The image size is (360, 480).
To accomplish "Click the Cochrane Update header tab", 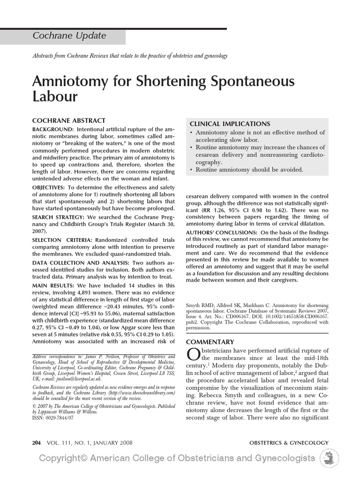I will tap(69, 36).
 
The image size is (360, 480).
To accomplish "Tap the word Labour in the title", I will tap(54, 97).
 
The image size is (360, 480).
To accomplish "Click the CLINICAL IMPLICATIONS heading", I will tap(230, 124).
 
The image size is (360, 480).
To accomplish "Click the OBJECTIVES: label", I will tap(50, 187).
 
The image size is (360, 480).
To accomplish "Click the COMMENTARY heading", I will tap(210, 342).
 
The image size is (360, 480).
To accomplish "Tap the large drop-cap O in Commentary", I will tap(193, 355).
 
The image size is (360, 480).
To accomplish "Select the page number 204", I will tap(37, 442).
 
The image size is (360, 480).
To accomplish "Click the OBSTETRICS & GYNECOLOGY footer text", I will tap(289, 442).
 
